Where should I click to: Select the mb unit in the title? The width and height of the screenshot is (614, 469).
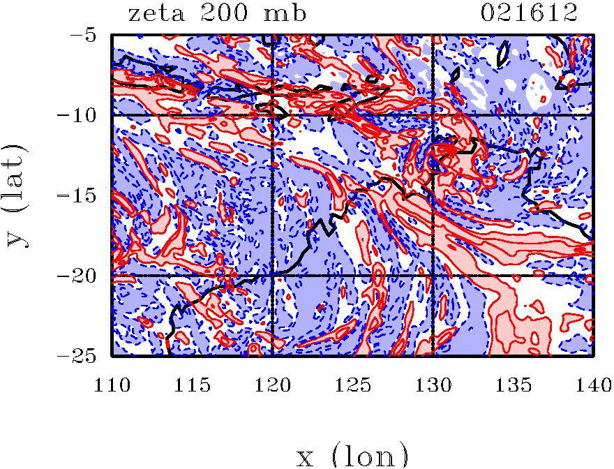[x=286, y=14]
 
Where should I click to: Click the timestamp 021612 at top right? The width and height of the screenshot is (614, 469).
[x=530, y=14]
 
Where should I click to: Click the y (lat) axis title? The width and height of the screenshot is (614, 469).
[x=17, y=195]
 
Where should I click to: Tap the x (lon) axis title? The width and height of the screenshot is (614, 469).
[x=352, y=455]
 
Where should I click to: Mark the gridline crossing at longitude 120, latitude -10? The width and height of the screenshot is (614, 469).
[x=273, y=114]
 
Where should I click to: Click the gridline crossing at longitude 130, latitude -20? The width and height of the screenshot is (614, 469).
[x=433, y=276]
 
